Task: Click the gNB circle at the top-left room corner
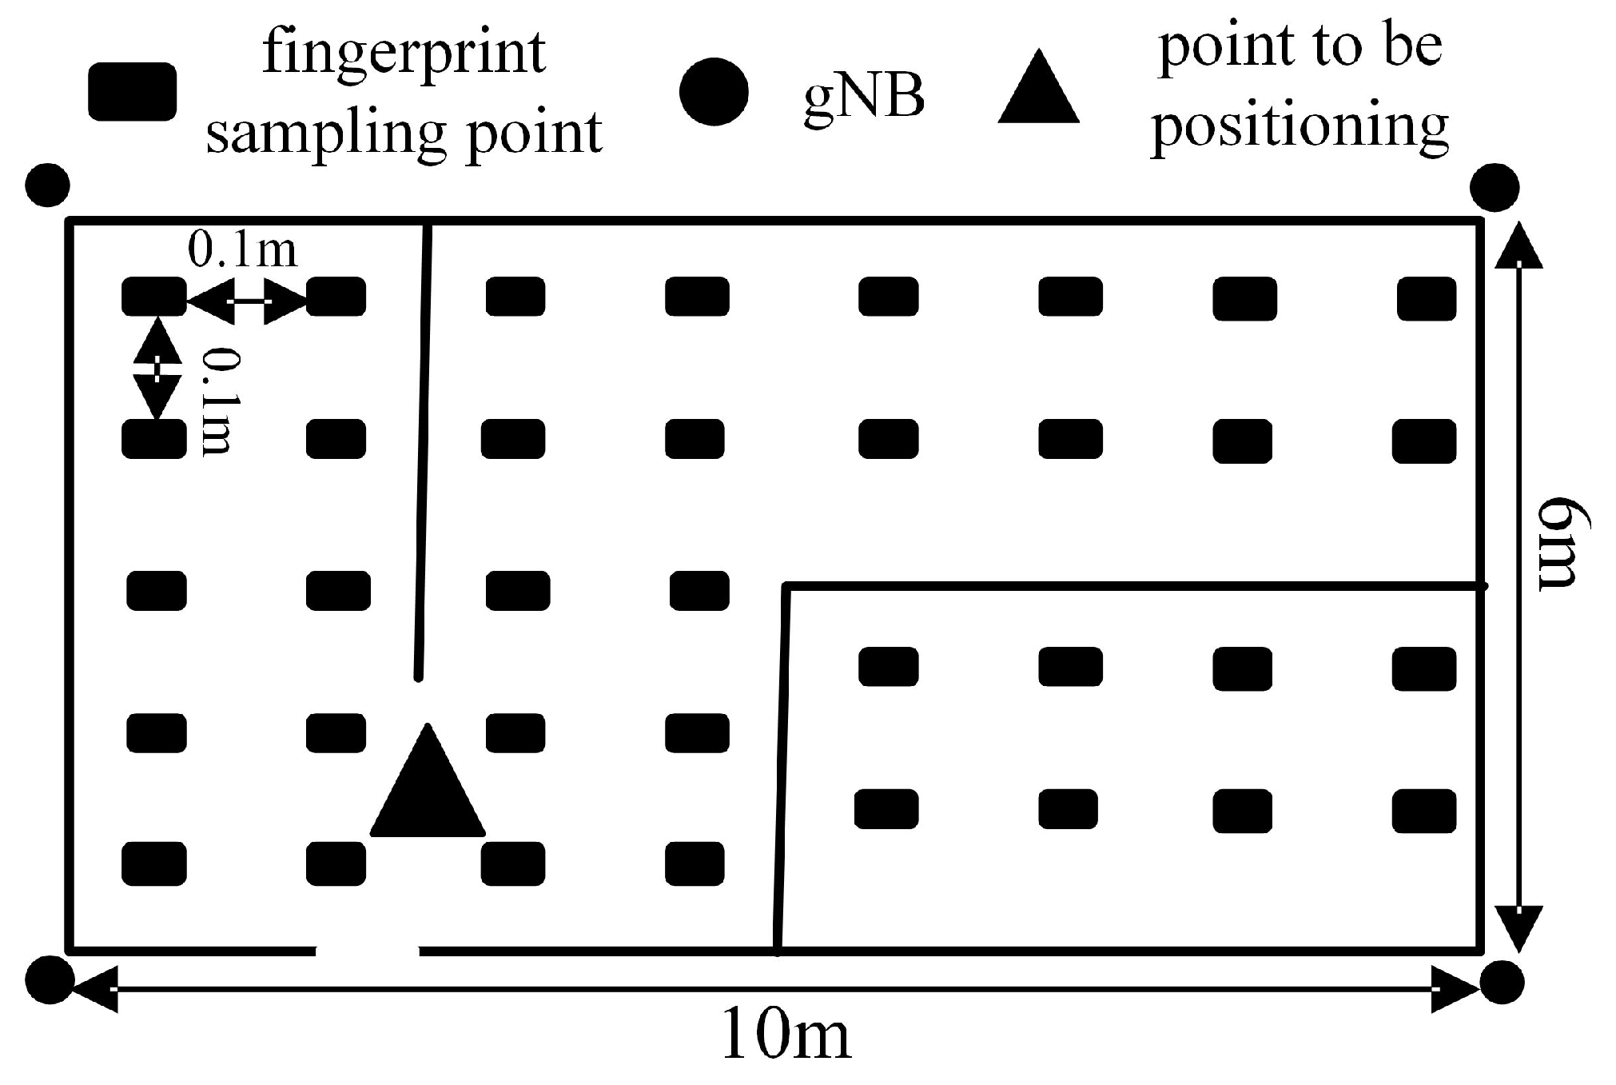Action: pos(48,185)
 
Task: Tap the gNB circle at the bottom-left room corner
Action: pos(50,979)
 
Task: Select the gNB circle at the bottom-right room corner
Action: pos(1502,981)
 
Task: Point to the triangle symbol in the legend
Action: pos(1038,91)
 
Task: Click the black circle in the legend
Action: pos(714,91)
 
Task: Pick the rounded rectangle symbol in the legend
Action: pos(132,91)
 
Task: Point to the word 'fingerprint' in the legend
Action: pos(404,54)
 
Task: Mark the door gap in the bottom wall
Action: pos(367,950)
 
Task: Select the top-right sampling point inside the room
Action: pos(1427,298)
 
